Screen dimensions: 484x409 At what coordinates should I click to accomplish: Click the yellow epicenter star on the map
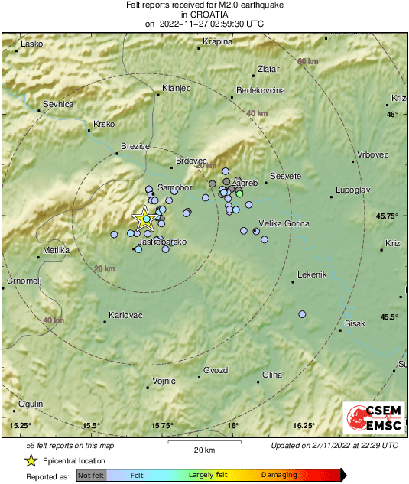(144, 219)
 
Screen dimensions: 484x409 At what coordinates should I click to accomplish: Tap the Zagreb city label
(245, 183)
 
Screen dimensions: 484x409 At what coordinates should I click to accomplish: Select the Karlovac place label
(123, 315)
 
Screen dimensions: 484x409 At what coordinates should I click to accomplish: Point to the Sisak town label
(355, 324)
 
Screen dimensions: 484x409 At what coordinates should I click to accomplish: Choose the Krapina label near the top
(217, 41)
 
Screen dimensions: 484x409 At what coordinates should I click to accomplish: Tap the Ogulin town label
(31, 404)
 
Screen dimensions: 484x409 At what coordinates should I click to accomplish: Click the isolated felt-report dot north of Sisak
(302, 314)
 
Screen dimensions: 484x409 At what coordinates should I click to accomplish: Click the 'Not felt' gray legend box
(92, 476)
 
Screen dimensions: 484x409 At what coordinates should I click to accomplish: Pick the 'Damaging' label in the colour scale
(279, 476)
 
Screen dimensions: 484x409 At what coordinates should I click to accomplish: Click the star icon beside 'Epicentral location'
(31, 460)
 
